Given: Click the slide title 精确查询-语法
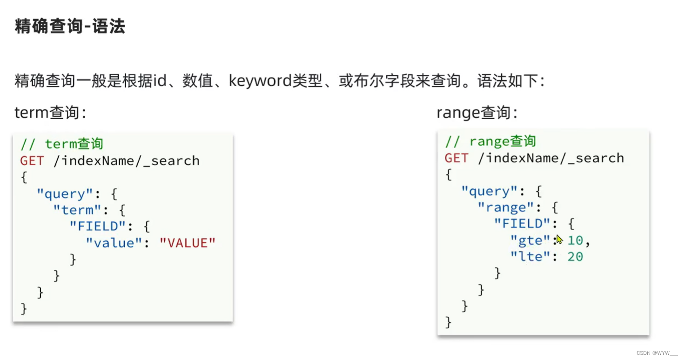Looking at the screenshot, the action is point(70,27).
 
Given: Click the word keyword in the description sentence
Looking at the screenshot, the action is point(260,81).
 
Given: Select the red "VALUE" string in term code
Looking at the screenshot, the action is point(188,243).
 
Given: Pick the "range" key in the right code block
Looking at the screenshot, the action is point(506,207).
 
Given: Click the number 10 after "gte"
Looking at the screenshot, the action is point(575,240).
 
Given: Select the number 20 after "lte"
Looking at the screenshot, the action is point(575,257).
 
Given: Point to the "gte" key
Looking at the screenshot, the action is point(531,240).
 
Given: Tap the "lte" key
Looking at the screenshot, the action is point(531,257).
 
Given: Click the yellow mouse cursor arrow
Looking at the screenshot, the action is point(559,240).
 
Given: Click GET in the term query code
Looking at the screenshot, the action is point(32,161).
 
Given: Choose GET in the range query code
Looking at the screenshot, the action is point(457,158).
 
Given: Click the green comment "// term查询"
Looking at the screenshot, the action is point(61,144).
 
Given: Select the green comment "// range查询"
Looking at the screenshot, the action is point(490,141).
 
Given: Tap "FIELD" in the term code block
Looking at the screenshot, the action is point(98,227).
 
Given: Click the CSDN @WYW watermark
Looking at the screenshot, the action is point(657,353).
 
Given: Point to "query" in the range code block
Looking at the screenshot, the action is point(489,191).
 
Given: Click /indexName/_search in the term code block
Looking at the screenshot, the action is point(126,161).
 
